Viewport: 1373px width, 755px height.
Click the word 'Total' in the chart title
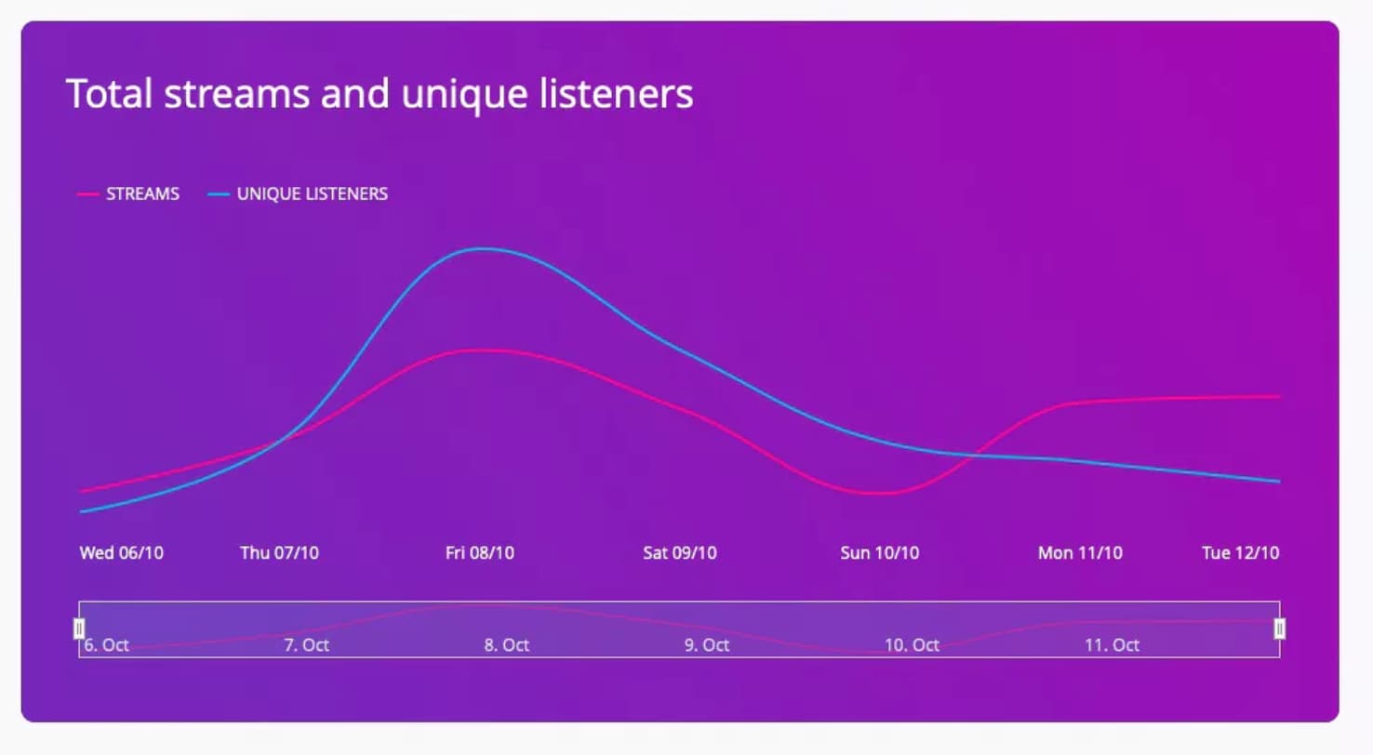tap(109, 93)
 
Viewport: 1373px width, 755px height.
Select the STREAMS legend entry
tap(128, 193)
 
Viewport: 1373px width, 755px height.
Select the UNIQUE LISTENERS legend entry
tap(298, 193)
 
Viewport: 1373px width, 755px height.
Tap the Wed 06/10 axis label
tap(121, 552)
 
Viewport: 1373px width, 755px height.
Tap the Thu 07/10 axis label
tap(279, 552)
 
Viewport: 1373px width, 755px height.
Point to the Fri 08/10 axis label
tap(480, 552)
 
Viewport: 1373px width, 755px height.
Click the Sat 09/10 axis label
tap(680, 552)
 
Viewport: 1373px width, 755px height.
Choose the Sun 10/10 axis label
tap(880, 552)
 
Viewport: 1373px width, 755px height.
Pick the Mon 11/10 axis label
tap(1080, 552)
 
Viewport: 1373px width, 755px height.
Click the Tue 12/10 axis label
tap(1241, 552)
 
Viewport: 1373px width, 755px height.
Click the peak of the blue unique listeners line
tap(483, 249)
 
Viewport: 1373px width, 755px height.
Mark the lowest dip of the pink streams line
tap(882, 494)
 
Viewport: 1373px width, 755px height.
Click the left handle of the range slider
tap(79, 629)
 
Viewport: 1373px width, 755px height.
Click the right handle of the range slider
tap(1280, 629)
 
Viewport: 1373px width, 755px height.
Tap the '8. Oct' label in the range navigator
tap(506, 645)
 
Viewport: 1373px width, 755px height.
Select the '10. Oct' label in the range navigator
tap(912, 645)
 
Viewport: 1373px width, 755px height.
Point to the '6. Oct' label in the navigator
tap(106, 645)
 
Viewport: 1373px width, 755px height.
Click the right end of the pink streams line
tap(1279, 396)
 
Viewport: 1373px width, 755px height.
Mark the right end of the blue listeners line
tap(1279, 482)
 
